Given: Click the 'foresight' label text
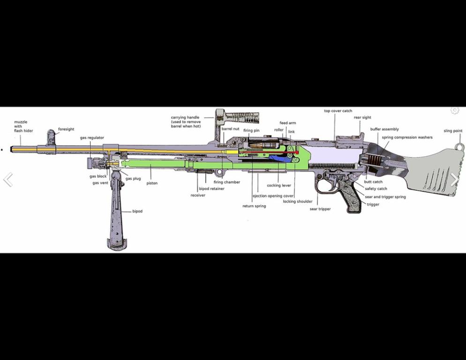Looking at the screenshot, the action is point(66,129).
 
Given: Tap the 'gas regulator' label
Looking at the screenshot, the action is point(92,138).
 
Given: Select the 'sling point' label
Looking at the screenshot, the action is point(453,131).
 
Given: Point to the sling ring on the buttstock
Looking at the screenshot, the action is point(460,147).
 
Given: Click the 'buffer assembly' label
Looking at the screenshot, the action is point(384,129).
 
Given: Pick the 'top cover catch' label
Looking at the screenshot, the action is point(338,111).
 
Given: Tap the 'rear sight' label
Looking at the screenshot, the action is point(362,118).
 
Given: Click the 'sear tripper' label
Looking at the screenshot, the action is point(320,209).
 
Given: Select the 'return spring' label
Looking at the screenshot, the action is point(254,206).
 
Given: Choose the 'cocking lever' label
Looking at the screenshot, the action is point(279,186).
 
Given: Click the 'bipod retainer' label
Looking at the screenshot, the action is point(211,189).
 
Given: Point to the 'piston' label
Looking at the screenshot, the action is point(152,183).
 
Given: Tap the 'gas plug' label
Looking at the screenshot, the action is point(133,179).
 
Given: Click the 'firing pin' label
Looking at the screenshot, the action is point(251,130).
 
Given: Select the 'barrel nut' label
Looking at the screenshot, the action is point(230,129).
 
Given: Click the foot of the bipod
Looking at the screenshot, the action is point(117,243).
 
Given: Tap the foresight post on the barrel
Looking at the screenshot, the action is point(51,137).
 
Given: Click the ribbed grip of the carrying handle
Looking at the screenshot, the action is point(246,118).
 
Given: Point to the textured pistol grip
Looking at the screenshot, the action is point(350,195).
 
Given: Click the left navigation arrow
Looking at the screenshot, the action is point(8,180).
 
